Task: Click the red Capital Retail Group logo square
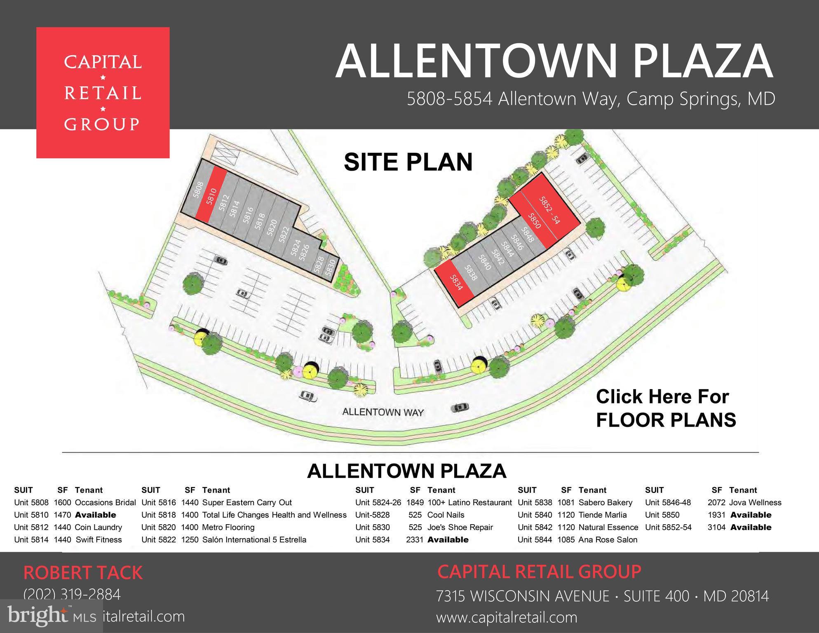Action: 103,93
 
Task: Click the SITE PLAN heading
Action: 408,162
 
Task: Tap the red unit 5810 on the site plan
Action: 211,196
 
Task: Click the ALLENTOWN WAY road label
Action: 383,412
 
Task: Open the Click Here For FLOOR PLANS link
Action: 666,408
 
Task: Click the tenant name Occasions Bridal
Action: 105,502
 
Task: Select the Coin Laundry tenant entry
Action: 98,527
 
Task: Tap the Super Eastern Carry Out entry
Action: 247,502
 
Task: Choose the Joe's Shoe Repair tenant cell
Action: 460,527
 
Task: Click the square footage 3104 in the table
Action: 716,527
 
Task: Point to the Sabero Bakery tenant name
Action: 605,502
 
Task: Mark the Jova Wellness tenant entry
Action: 755,502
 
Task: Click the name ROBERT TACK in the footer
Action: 83,573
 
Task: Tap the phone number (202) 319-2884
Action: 72,594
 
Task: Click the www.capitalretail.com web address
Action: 507,617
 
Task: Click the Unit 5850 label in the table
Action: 662,515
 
